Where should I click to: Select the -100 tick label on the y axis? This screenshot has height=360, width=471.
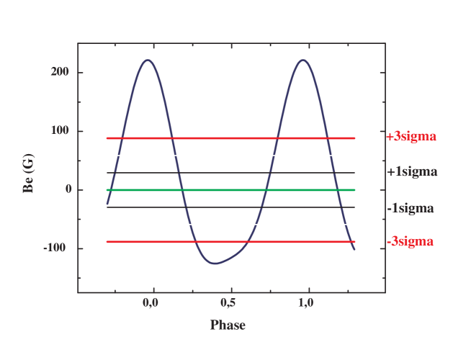57,248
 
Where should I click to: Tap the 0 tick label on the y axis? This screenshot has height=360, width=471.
68,190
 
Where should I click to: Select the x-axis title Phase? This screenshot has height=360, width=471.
228,325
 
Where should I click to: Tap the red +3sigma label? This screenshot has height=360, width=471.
411,136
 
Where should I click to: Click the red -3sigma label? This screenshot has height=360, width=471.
410,241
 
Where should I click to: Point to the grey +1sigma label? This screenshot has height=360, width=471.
411,172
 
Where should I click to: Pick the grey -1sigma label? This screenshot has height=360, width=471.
410,208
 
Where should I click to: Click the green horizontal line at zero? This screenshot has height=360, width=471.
230,190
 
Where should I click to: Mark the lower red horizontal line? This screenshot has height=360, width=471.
230,242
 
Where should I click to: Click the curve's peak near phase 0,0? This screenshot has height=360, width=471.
148,60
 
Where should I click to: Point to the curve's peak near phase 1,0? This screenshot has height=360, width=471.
303,60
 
